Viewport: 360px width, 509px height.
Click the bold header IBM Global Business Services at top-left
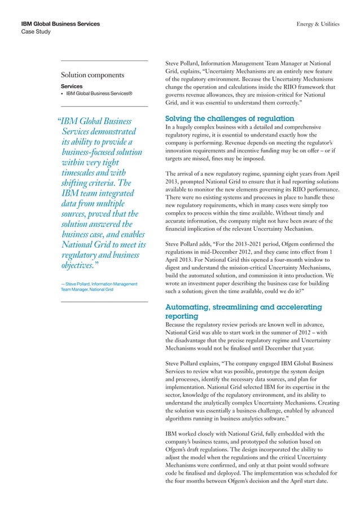click(x=60, y=24)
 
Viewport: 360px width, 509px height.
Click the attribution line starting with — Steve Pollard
click(x=98, y=283)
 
